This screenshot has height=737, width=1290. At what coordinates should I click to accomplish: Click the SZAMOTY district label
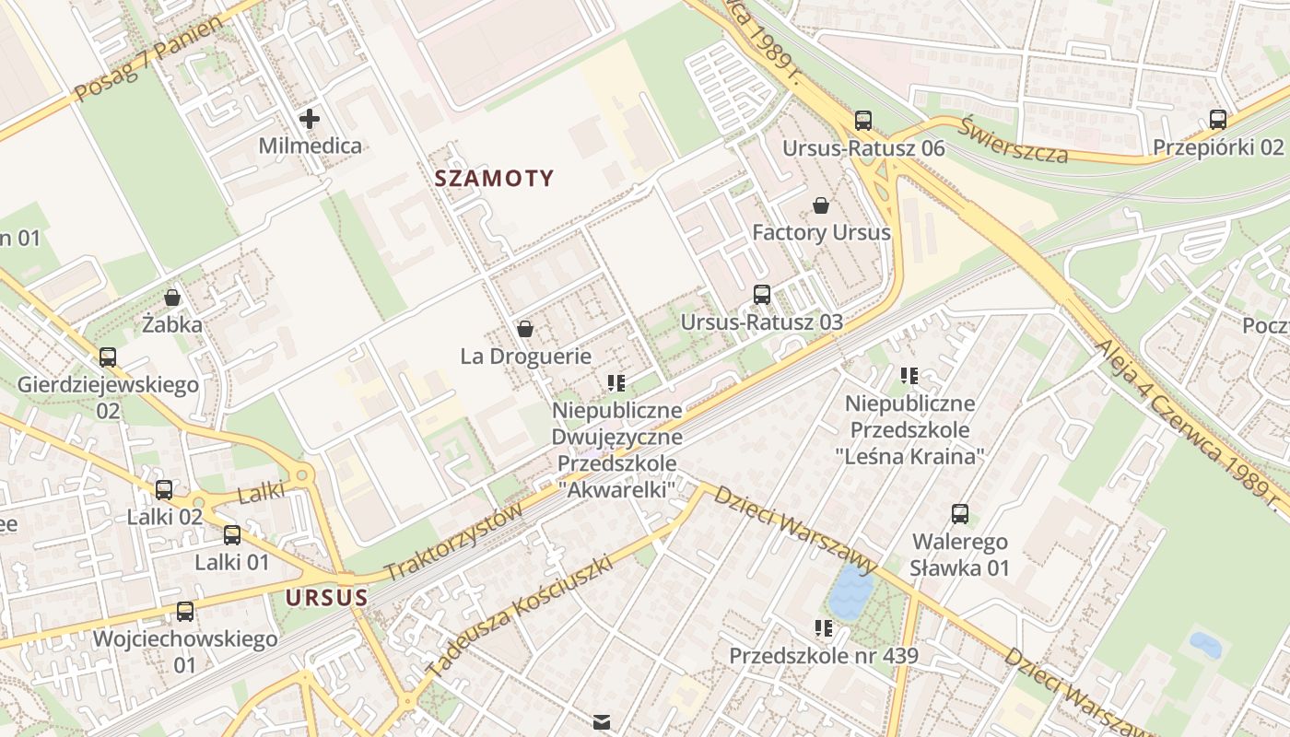click(x=494, y=179)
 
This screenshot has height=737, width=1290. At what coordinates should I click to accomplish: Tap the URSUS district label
click(x=326, y=598)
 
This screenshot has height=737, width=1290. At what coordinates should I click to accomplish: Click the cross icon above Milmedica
click(x=310, y=119)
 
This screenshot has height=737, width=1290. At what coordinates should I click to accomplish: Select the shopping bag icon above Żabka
click(x=171, y=298)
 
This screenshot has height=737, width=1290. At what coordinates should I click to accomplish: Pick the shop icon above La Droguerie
click(x=525, y=329)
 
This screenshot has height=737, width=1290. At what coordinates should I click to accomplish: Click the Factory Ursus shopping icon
click(x=820, y=205)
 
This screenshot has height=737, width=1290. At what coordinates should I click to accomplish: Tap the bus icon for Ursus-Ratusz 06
click(x=862, y=120)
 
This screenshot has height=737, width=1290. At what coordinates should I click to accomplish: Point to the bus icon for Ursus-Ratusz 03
click(x=761, y=295)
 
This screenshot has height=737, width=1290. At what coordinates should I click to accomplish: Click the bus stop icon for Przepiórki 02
click(x=1217, y=119)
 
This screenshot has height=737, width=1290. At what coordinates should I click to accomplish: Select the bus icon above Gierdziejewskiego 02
click(x=108, y=357)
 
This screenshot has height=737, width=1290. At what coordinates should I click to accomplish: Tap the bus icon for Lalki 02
click(x=164, y=490)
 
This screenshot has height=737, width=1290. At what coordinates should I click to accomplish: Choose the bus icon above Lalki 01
click(x=232, y=535)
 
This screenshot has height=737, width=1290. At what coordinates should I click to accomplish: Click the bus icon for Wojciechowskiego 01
click(x=185, y=612)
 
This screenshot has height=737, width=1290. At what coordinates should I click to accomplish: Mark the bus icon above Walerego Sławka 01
click(x=959, y=514)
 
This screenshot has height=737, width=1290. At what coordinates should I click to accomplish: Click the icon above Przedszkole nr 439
click(x=823, y=628)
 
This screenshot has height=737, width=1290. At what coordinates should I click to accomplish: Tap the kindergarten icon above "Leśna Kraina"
click(x=909, y=376)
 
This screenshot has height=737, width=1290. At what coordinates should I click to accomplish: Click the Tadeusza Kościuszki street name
click(x=521, y=615)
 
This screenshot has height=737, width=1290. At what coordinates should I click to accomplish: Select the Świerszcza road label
click(x=1013, y=140)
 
